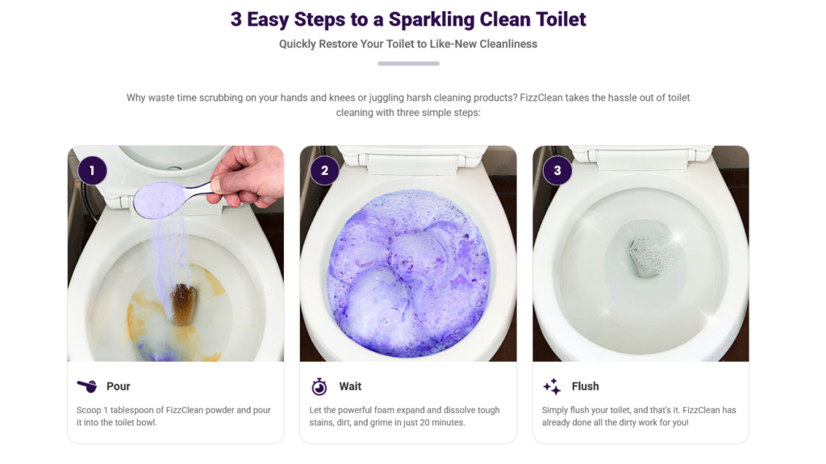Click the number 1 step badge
(92, 171)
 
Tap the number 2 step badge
(324, 171)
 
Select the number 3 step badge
(557, 171)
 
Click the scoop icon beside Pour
(87, 386)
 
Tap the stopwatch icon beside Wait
(319, 387)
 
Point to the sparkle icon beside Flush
(552, 387)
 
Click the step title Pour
(118, 386)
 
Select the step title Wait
(350, 386)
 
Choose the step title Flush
(586, 386)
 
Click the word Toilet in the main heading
(561, 19)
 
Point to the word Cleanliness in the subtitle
(508, 44)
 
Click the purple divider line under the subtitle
(408, 64)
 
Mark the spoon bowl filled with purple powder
(159, 200)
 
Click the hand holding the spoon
(247, 176)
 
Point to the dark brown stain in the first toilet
(184, 304)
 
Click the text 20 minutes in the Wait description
(443, 422)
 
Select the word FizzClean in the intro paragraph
(541, 97)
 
